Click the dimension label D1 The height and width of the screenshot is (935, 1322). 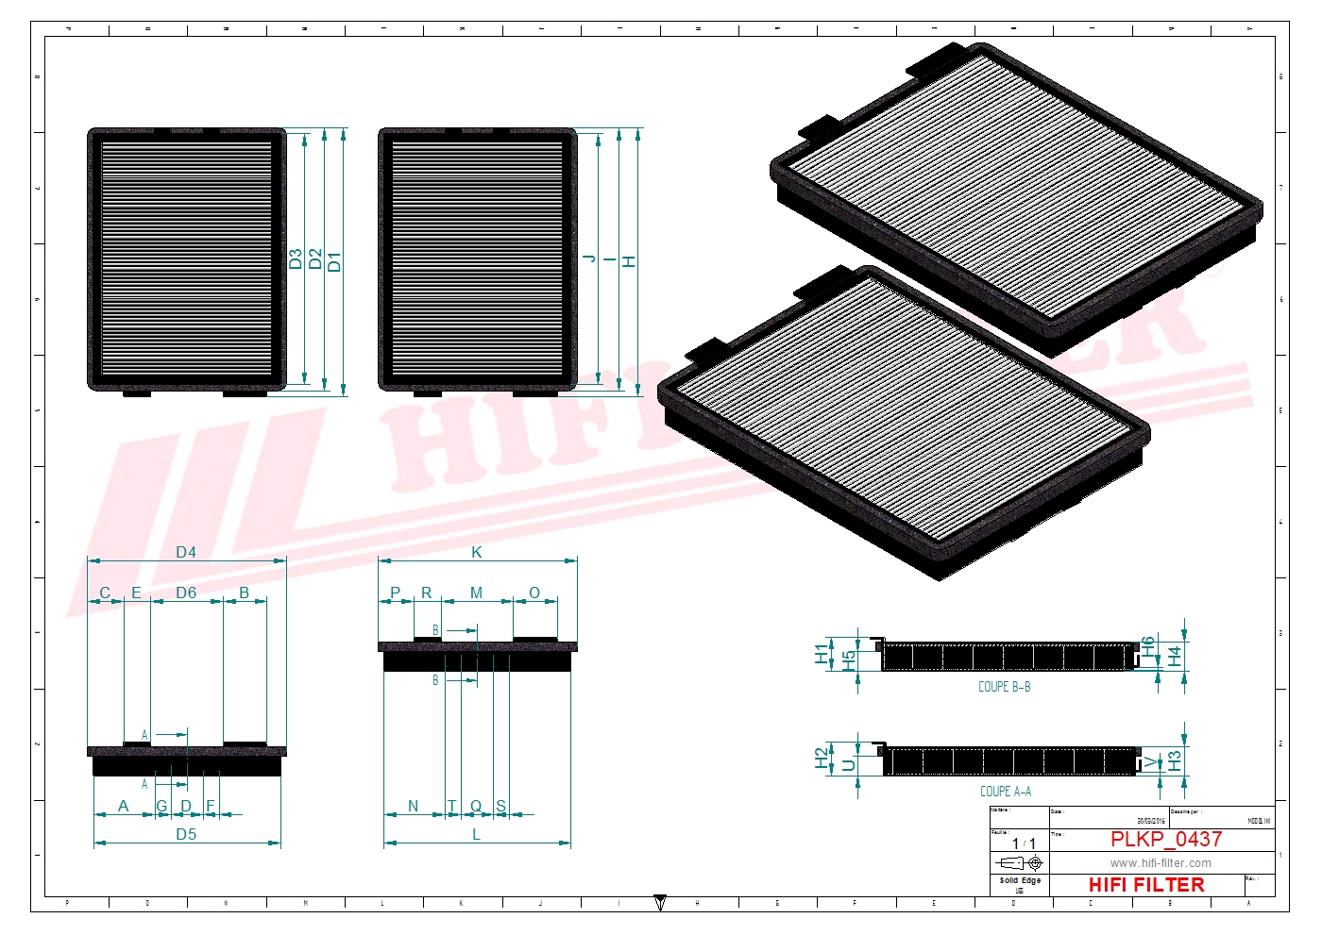(x=334, y=261)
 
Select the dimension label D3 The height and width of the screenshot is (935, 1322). (x=296, y=259)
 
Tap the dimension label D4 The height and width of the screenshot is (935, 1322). (x=186, y=552)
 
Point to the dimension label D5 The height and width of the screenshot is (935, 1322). (x=186, y=834)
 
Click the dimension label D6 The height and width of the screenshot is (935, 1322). (x=186, y=593)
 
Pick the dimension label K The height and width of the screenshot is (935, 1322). (x=477, y=552)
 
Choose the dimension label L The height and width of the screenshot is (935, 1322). (x=476, y=834)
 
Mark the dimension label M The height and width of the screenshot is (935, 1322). (x=476, y=593)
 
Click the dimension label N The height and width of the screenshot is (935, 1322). (x=413, y=806)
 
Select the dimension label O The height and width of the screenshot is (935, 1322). (x=534, y=593)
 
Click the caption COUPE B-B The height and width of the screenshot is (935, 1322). (x=1004, y=687)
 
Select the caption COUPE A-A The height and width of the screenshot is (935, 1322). (x=1005, y=792)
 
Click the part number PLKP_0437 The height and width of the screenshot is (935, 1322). (x=1165, y=839)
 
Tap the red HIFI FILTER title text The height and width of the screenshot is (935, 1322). (x=1146, y=885)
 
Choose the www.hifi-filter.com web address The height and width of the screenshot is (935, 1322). (x=1161, y=862)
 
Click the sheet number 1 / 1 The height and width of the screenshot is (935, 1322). (x=1024, y=843)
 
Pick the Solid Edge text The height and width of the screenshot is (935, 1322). (x=1020, y=880)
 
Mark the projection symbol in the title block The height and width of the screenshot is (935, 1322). (x=1020, y=862)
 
